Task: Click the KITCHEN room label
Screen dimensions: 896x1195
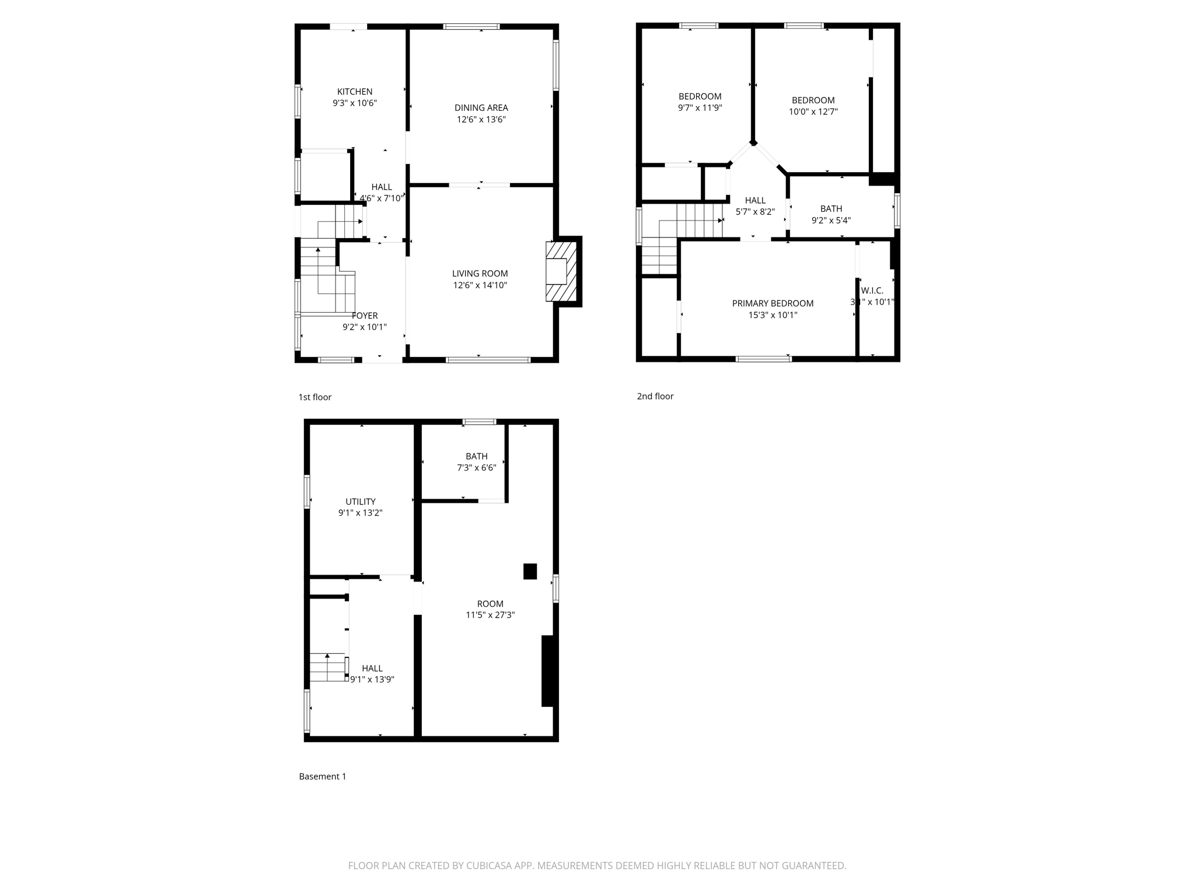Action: [354, 92]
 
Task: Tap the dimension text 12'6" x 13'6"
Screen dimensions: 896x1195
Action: [481, 120]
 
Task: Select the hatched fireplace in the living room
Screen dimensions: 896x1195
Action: [561, 271]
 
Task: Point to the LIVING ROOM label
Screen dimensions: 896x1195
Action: [480, 274]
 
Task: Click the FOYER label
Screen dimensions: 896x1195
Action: [365, 316]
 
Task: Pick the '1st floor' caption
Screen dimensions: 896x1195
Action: [315, 397]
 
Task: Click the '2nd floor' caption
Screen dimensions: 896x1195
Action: [655, 396]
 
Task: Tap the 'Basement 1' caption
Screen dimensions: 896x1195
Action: [322, 776]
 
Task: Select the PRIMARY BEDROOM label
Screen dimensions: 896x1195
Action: [773, 303]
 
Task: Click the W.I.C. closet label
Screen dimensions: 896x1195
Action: [872, 290]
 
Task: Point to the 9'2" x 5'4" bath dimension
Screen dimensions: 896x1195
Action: [831, 220]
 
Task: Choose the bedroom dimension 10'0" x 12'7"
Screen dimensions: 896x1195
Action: [813, 112]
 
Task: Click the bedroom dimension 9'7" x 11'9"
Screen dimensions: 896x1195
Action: [700, 108]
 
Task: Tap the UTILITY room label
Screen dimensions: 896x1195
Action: [360, 502]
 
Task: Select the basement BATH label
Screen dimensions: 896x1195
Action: [476, 456]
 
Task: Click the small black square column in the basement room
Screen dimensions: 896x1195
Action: [530, 571]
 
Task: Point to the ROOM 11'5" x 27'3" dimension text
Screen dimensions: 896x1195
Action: [490, 615]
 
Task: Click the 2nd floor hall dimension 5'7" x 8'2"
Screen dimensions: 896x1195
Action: [754, 212]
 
